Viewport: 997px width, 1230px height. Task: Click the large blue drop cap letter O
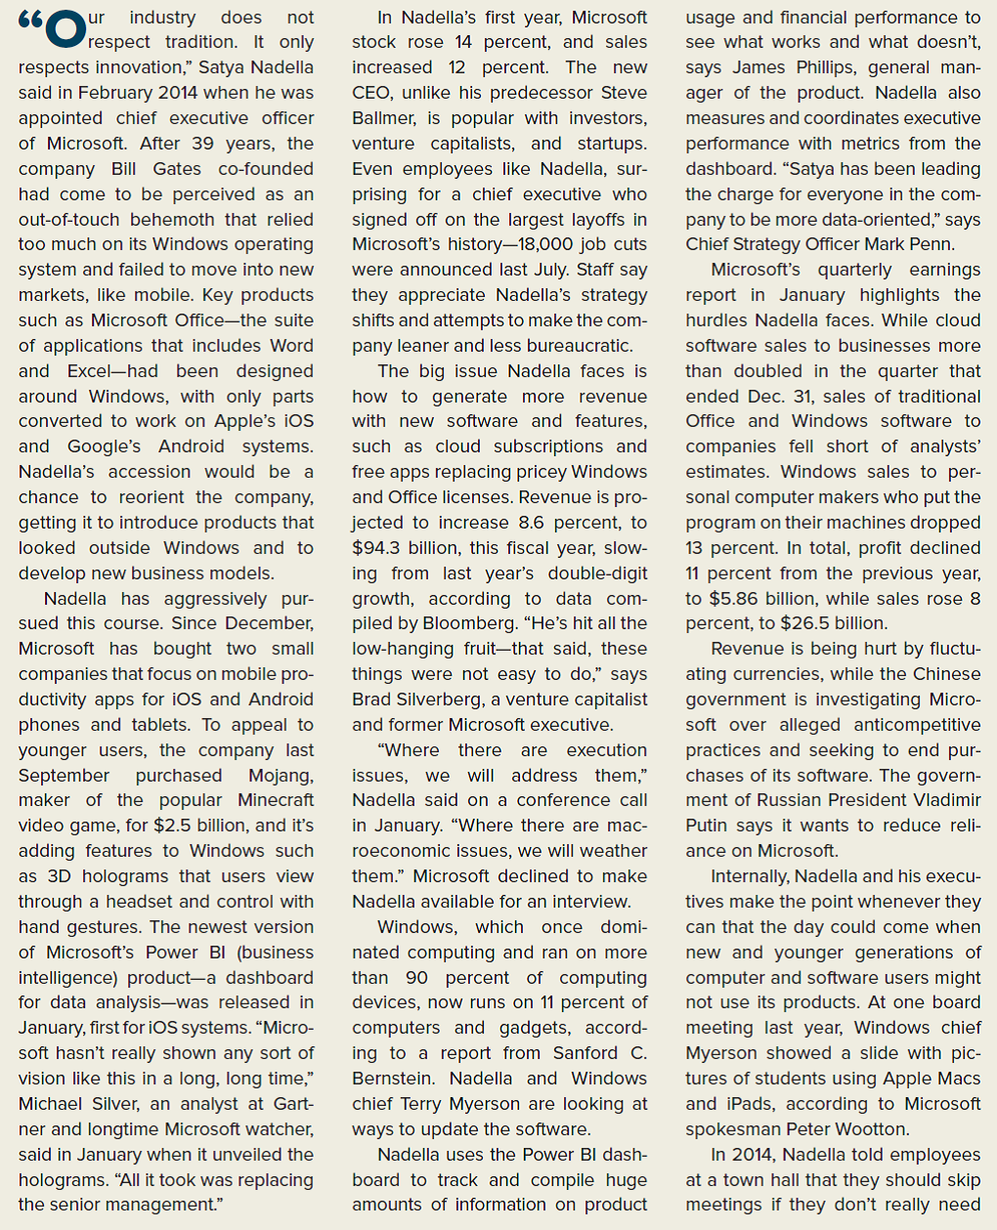pos(65,28)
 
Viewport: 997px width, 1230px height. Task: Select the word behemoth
pos(204,220)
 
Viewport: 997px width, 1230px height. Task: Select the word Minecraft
pos(276,801)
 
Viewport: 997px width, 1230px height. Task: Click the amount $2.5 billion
pos(199,827)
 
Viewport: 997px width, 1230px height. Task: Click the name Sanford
pos(585,1053)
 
